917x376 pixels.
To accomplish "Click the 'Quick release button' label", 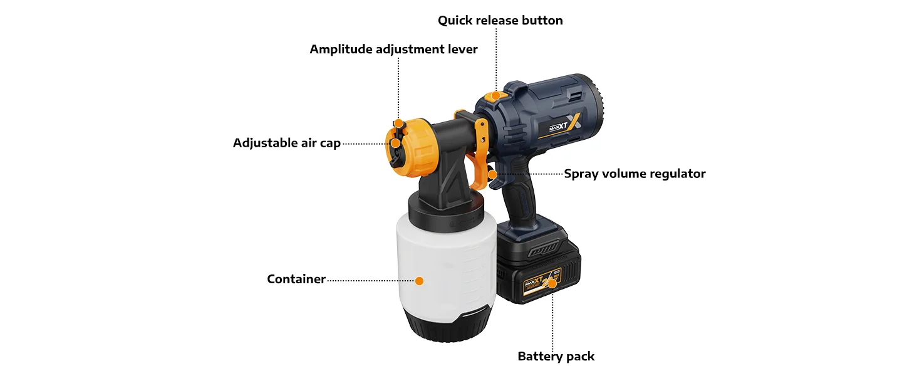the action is tap(500, 21).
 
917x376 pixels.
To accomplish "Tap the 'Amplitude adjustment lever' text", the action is tap(393, 49).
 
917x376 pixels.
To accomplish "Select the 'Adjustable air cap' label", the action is tap(287, 143).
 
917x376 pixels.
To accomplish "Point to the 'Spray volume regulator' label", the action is tap(635, 174).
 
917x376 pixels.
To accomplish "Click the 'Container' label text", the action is tap(296, 279).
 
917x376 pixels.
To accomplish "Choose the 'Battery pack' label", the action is tap(556, 357).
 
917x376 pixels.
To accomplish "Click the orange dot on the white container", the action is tap(419, 281).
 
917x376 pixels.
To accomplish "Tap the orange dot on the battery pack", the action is tap(552, 283).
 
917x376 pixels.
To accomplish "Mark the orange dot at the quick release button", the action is tap(495, 96).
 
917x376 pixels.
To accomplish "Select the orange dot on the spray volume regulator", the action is tap(492, 174).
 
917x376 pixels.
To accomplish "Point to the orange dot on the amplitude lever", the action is tap(398, 123).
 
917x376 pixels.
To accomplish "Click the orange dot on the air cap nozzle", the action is tap(395, 144).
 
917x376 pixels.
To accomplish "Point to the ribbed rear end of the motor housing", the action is tap(596, 102).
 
